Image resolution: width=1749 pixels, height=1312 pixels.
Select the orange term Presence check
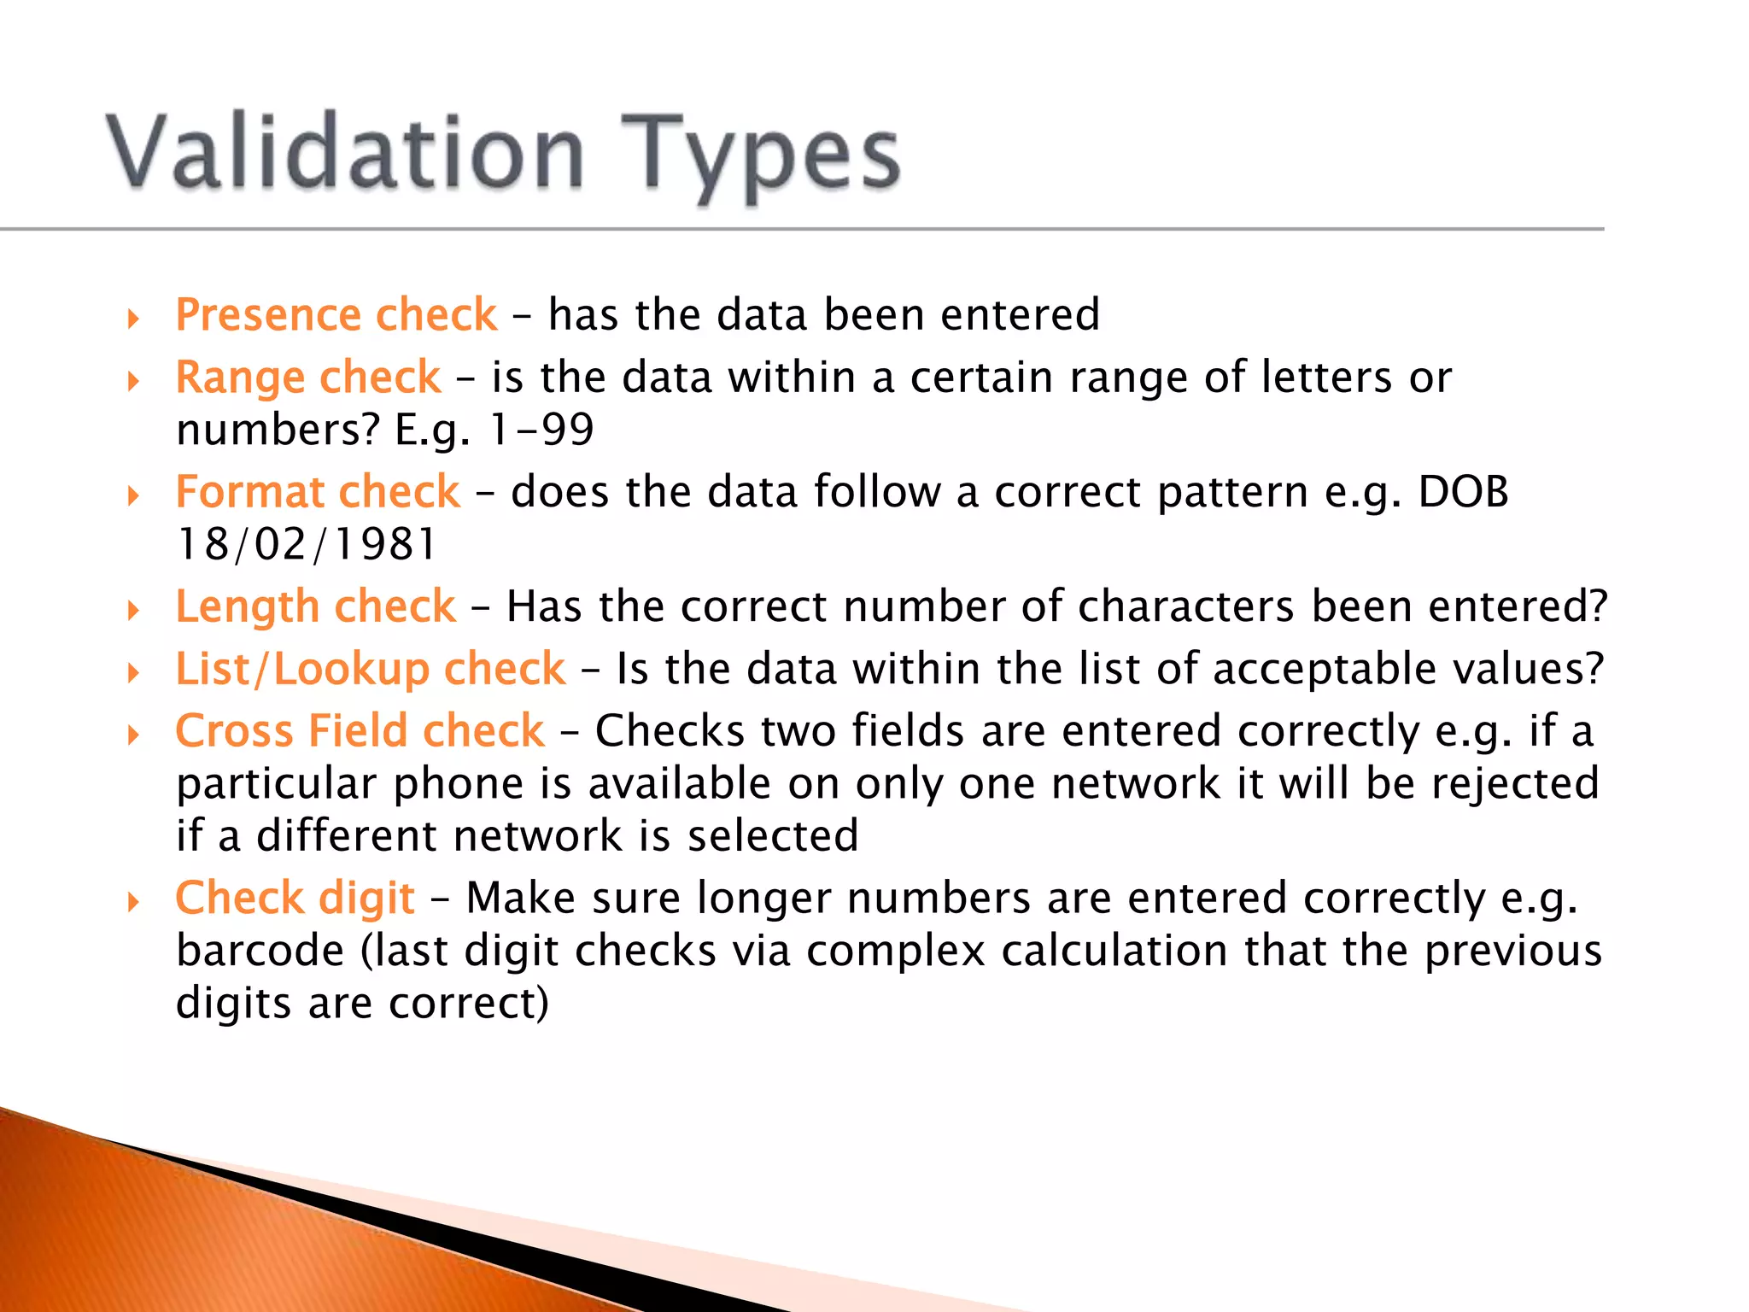tap(336, 314)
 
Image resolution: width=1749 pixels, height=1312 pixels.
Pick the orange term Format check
tap(318, 492)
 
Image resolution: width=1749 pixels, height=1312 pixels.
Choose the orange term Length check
tap(315, 606)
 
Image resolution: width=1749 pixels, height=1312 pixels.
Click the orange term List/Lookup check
tap(370, 669)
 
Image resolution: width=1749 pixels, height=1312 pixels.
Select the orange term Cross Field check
tap(360, 731)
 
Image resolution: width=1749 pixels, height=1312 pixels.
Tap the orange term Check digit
tap(295, 898)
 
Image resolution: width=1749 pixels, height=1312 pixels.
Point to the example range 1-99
tap(541, 430)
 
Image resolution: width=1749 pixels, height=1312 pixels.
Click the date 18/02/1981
tap(306, 545)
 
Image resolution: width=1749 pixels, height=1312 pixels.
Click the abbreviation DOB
tap(1463, 492)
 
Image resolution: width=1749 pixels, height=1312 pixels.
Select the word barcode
tap(260, 951)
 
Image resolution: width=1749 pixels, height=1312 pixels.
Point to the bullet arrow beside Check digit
tap(133, 903)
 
